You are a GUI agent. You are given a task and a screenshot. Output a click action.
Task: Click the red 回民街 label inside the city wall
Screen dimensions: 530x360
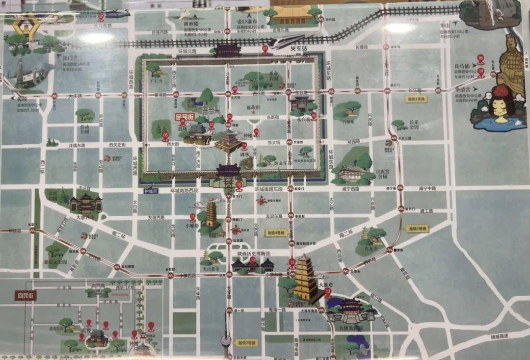point(185,117)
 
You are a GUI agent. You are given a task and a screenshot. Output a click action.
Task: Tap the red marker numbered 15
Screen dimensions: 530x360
point(239,185)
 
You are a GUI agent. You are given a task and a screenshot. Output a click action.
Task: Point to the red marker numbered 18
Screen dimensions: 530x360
point(480,59)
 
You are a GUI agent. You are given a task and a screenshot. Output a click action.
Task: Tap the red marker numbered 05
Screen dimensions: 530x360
point(165,135)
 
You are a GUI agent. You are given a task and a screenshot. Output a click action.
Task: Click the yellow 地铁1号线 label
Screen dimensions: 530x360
point(416,99)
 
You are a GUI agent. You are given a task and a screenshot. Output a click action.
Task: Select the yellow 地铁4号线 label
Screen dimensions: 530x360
point(276,233)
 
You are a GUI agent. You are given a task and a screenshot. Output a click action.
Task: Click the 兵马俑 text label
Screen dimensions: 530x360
point(461,66)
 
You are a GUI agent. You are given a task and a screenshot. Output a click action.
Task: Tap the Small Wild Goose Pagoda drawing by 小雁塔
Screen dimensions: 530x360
point(212,214)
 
